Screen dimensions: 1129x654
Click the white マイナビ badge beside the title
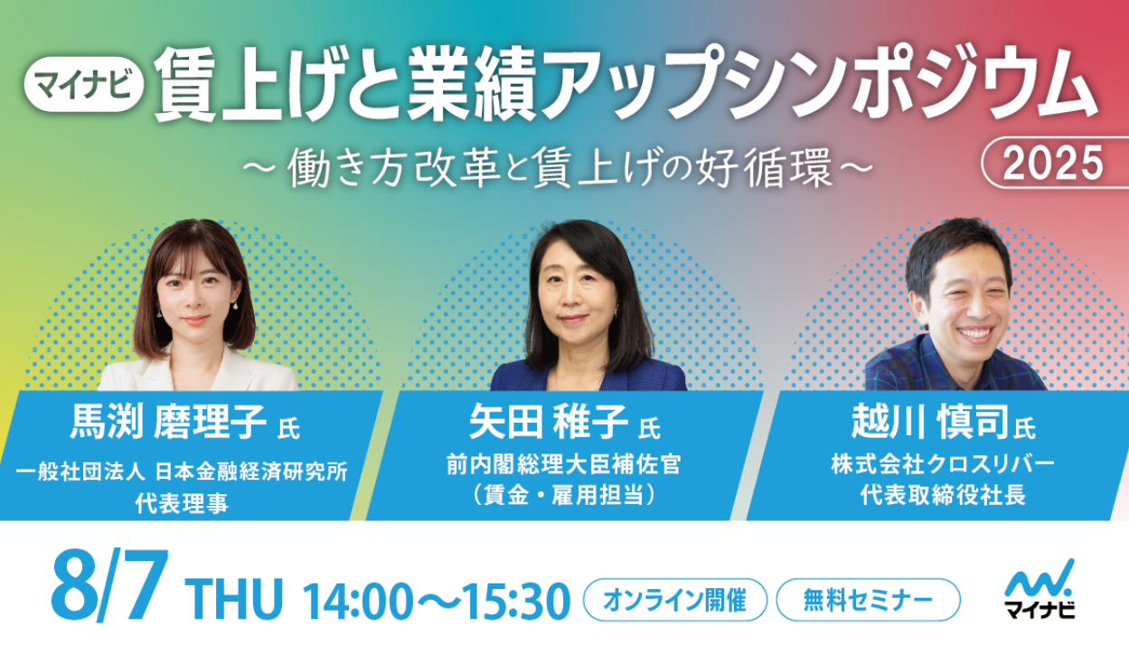pyautogui.click(x=84, y=84)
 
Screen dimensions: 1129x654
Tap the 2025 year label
pyautogui.click(x=1053, y=163)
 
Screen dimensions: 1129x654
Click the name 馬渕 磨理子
pyautogui.click(x=168, y=422)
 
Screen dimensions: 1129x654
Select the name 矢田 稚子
pyautogui.click(x=549, y=422)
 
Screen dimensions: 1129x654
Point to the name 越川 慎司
pyautogui.click(x=930, y=422)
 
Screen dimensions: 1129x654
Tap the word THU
pyautogui.click(x=234, y=599)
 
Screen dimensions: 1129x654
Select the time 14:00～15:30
pyautogui.click(x=437, y=600)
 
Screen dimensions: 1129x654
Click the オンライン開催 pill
pyautogui.click(x=675, y=600)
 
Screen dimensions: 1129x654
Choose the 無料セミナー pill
pyautogui.click(x=868, y=600)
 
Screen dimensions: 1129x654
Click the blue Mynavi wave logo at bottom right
pyautogui.click(x=1040, y=577)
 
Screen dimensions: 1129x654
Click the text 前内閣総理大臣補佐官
pyautogui.click(x=563, y=464)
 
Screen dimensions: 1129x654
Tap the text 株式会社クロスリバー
pyautogui.click(x=943, y=464)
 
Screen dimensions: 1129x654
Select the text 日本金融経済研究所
pyautogui.click(x=251, y=472)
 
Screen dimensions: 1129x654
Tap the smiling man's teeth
pyautogui.click(x=975, y=333)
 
